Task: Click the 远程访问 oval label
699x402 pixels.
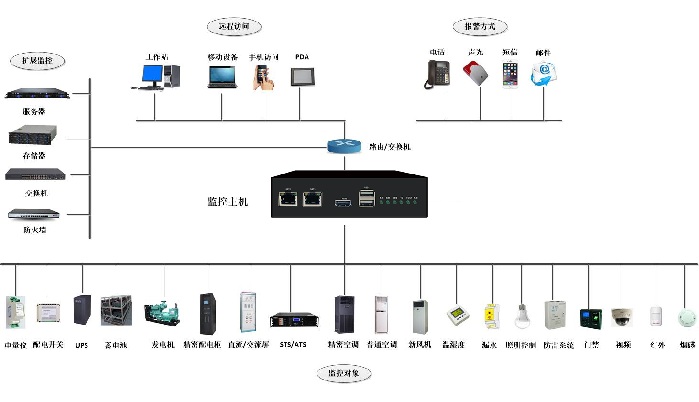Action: click(x=234, y=27)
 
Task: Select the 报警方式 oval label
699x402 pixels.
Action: click(x=480, y=27)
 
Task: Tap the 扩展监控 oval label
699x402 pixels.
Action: click(x=37, y=61)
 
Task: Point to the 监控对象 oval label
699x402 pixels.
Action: click(x=344, y=373)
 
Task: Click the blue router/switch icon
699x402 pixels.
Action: click(x=344, y=145)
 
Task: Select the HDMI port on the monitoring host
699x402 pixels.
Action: click(x=343, y=203)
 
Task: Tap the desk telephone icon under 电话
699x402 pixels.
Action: click(x=438, y=75)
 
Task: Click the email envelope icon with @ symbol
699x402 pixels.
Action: click(x=543, y=75)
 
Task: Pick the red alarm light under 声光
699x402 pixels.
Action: click(x=476, y=74)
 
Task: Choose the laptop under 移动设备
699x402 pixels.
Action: click(x=222, y=77)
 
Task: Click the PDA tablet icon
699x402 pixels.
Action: click(x=302, y=76)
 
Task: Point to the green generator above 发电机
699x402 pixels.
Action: click(x=163, y=313)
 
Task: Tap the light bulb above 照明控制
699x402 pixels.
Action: click(x=522, y=316)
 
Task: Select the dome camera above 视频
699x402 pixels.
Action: click(x=622, y=316)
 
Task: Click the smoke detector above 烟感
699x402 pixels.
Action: click(x=687, y=317)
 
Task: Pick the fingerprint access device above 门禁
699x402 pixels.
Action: click(x=591, y=318)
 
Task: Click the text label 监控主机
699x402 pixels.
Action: click(x=228, y=202)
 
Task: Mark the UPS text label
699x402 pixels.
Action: click(x=82, y=345)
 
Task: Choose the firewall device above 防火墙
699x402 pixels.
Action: click(x=34, y=214)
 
